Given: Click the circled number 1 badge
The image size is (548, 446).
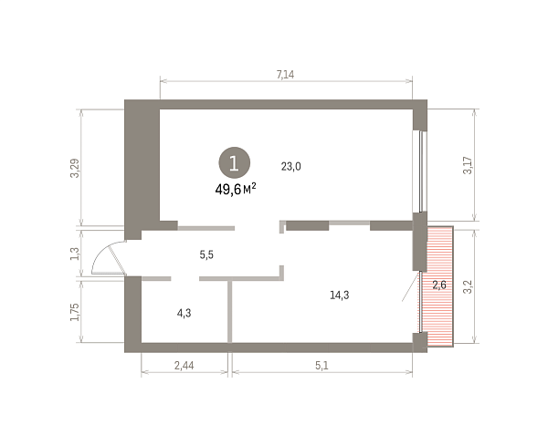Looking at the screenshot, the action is (234, 162).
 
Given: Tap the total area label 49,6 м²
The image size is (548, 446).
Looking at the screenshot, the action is (236, 189).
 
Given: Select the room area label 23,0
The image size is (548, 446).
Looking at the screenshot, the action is (290, 167).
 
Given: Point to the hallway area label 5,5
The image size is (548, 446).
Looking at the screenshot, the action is (206, 254).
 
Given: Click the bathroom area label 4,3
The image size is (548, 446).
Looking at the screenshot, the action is (184, 313).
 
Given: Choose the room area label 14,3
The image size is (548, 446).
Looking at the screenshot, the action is (340, 296).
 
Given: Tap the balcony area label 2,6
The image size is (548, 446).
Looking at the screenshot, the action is (439, 285).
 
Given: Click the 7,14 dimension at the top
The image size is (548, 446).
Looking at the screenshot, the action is (285, 75).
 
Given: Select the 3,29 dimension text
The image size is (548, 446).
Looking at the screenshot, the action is (75, 168).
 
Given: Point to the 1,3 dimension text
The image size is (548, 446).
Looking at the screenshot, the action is (75, 254).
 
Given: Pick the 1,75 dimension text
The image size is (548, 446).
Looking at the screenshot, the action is (75, 312).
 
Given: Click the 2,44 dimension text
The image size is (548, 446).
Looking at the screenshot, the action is (184, 366).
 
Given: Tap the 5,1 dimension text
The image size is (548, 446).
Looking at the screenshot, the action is (321, 366).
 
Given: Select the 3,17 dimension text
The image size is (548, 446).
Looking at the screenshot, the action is (468, 165).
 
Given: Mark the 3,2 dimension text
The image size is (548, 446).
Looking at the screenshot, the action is (468, 287).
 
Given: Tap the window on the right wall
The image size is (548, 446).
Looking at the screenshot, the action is (419, 171).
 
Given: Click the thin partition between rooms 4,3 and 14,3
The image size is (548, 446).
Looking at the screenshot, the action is (229, 311).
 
